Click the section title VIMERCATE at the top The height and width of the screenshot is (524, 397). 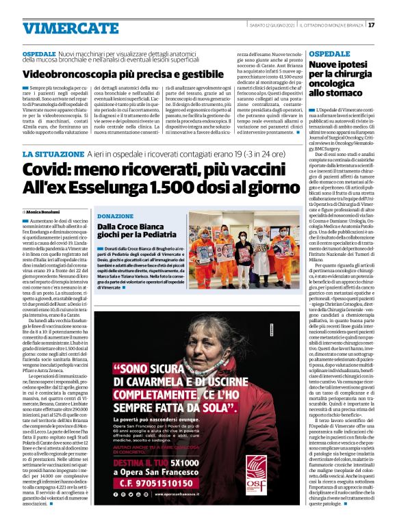click(x=61, y=29)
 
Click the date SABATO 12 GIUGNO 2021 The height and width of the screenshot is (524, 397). click(x=270, y=25)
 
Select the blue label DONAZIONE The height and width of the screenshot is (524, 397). click(x=115, y=215)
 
